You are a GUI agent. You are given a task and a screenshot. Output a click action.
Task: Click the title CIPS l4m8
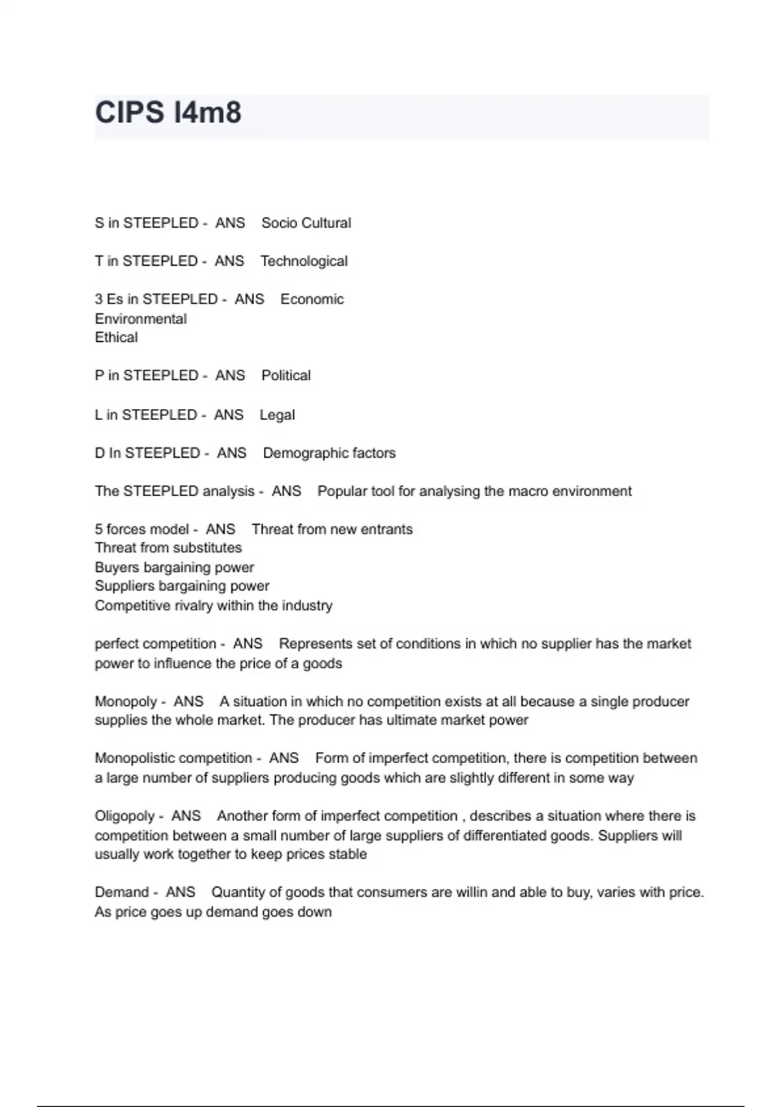[168, 113]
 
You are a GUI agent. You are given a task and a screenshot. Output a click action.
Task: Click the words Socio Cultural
[306, 223]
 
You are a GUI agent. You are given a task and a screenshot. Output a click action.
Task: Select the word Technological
[304, 262]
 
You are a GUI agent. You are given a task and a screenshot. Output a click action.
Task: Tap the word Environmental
[141, 319]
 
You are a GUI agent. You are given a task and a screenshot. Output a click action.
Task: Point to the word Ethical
[116, 337]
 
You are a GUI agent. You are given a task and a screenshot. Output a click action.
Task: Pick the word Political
[286, 376]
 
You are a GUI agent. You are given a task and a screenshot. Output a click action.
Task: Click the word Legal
[277, 415]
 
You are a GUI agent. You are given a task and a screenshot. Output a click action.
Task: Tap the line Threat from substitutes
[168, 548]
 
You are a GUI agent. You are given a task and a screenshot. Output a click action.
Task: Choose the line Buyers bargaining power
[174, 567]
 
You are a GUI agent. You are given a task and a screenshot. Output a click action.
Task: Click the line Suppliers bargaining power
[182, 586]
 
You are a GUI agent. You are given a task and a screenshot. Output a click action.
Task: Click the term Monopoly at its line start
[125, 701]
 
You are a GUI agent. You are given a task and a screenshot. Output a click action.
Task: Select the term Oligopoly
[125, 816]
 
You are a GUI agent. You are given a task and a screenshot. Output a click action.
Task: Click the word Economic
[311, 300]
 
